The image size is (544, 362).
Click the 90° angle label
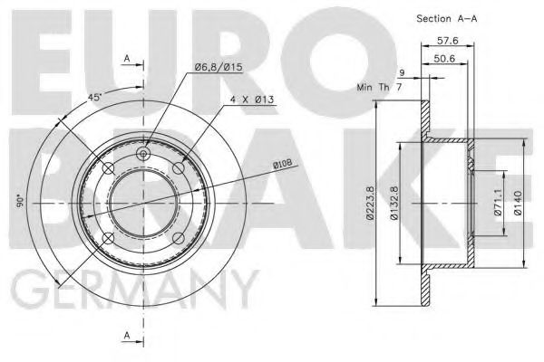click(x=18, y=203)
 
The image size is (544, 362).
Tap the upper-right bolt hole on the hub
click(x=178, y=168)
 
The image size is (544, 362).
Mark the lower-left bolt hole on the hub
click(x=108, y=238)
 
